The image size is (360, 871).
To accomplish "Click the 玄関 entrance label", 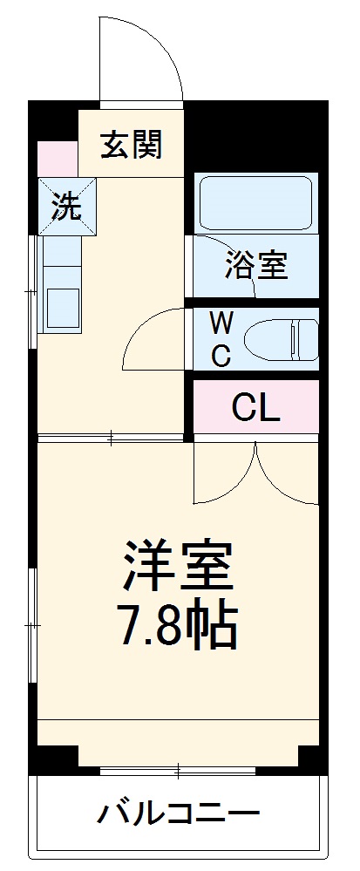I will tap(131, 145).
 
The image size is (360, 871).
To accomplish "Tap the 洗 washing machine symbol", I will tap(66, 206).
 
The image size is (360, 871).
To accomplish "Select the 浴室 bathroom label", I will tap(255, 265).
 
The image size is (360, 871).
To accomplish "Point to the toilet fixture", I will tap(279, 338).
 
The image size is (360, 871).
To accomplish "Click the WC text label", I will tap(222, 339).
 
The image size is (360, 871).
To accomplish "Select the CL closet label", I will tap(255, 406).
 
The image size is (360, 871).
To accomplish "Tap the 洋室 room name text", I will tap(179, 565).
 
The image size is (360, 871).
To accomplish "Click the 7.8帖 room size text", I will tap(179, 623).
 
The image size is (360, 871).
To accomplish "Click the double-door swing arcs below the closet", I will tap(255, 475).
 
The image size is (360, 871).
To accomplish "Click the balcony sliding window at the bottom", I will tap(179, 770).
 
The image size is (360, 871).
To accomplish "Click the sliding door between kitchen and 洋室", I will tap(112, 438).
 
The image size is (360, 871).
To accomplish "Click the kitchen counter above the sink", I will tap(61, 257).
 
